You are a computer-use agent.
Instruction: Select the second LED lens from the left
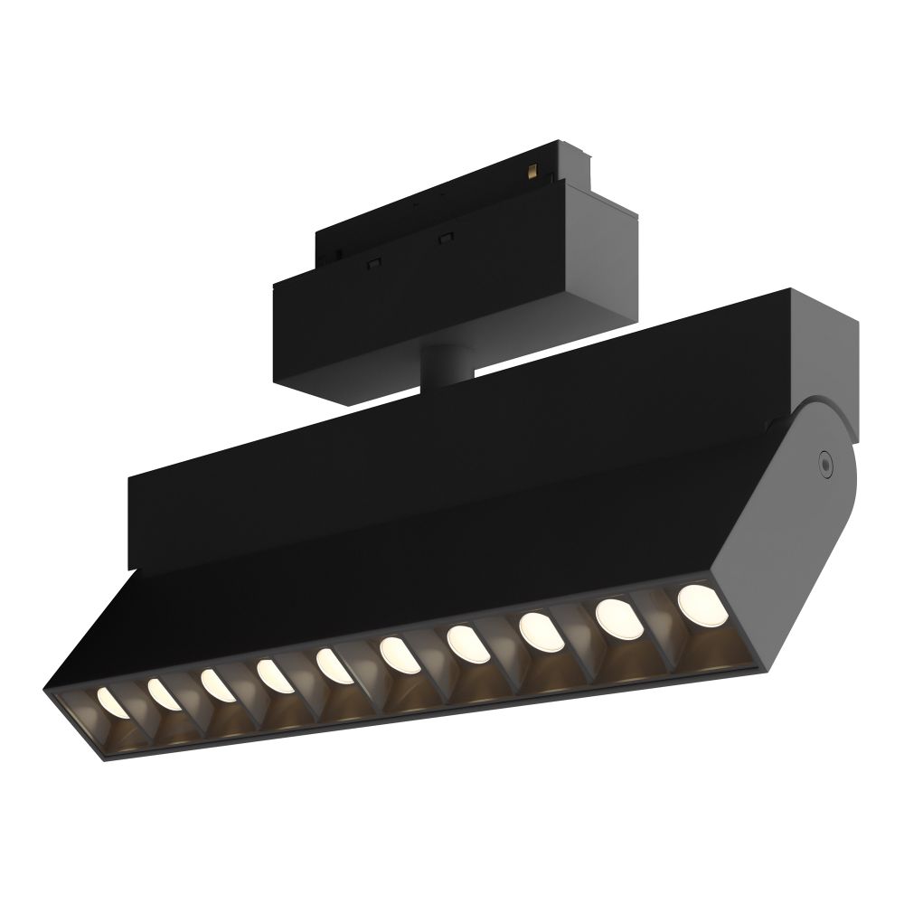pos(163,693)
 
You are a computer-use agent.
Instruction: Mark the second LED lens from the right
pos(616,617)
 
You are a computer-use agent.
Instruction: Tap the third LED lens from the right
pos(537,630)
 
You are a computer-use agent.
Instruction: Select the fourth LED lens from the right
pos(464,643)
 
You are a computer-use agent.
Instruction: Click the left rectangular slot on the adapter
pos(371,262)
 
